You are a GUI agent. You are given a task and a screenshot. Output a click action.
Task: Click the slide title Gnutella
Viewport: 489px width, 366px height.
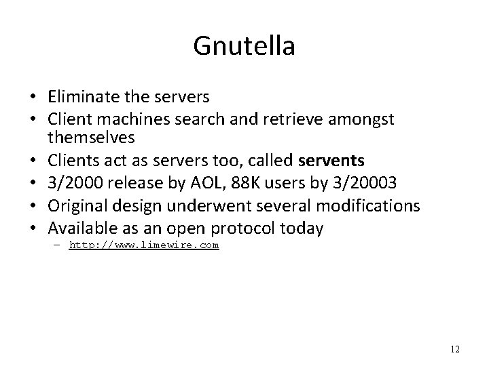[x=244, y=45]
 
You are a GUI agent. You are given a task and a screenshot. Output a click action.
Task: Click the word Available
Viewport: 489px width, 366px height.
[x=81, y=228]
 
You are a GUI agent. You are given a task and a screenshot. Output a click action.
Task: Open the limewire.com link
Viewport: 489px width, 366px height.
[x=144, y=245]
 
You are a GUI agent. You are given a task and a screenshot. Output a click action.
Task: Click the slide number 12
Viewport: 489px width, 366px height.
[x=454, y=349]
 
